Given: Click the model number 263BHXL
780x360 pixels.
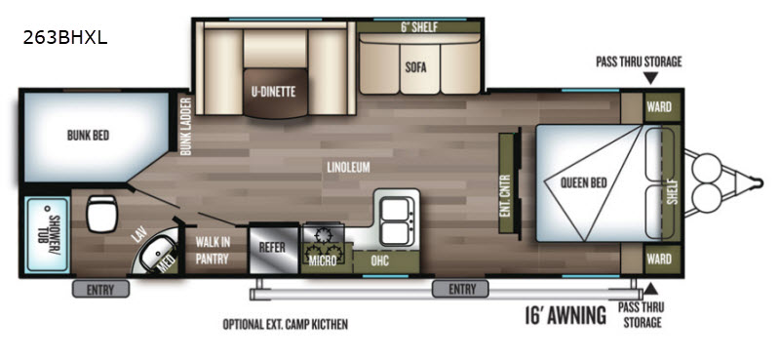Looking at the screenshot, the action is pyautogui.click(x=64, y=38).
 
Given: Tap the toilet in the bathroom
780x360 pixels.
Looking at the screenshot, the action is pyautogui.click(x=101, y=213).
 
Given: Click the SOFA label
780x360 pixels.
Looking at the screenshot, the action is pyautogui.click(x=415, y=67).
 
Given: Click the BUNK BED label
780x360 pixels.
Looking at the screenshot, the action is pyautogui.click(x=88, y=135).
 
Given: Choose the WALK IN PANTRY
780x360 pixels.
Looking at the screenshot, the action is pyautogui.click(x=212, y=251).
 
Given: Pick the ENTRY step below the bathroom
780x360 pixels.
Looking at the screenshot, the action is pyautogui.click(x=100, y=289).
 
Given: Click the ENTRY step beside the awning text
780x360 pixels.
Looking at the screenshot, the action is pyautogui.click(x=460, y=289).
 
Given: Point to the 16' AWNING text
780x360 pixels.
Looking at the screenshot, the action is pyautogui.click(x=565, y=315).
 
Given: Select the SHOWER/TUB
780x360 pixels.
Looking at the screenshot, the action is pyautogui.click(x=48, y=235).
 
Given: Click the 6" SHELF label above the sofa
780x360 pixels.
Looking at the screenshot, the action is pyautogui.click(x=419, y=28).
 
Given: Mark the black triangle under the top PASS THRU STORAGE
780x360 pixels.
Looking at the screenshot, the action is pyautogui.click(x=650, y=78).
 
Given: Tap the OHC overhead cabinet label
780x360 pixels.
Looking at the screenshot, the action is pyautogui.click(x=380, y=260).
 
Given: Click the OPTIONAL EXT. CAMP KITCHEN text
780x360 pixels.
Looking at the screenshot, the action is pyautogui.click(x=285, y=325).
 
